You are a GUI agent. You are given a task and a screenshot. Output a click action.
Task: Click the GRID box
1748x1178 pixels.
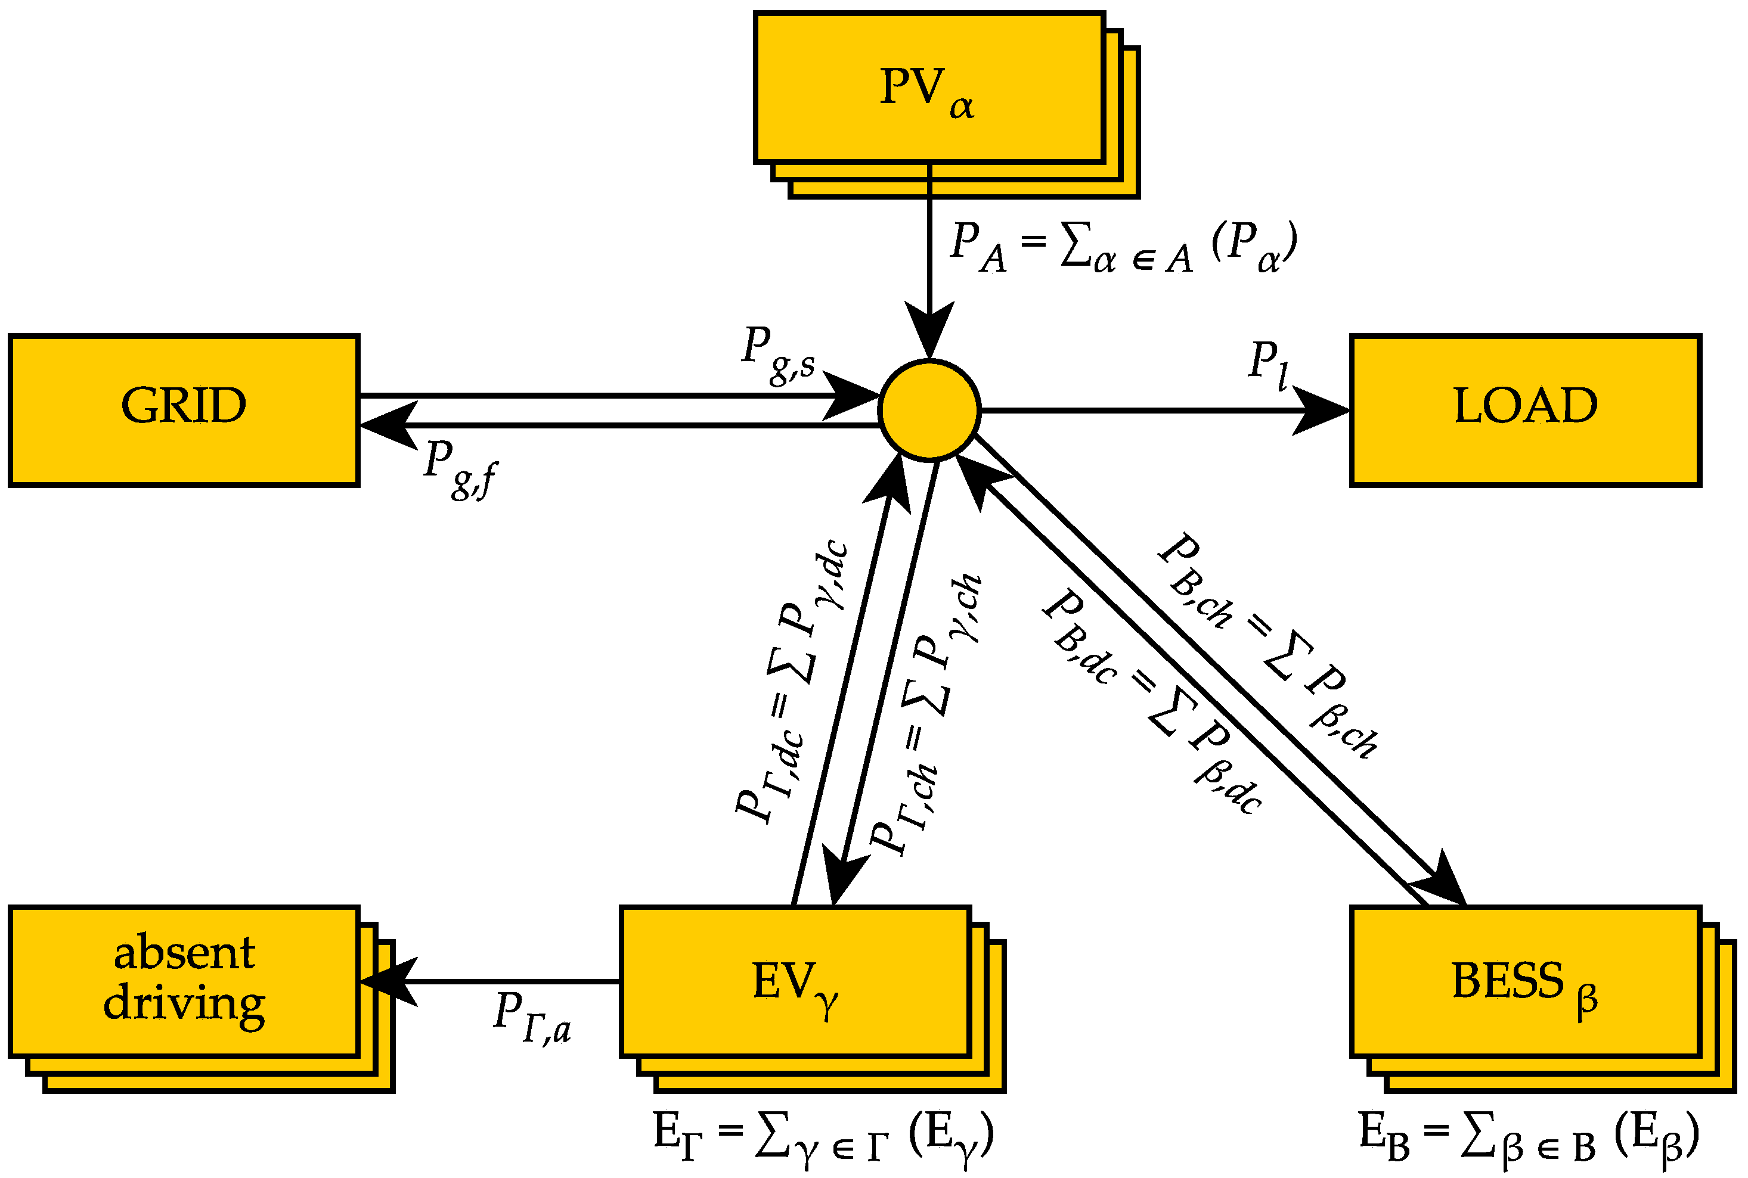(184, 410)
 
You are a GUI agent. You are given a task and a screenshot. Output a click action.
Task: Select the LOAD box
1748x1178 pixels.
(1525, 410)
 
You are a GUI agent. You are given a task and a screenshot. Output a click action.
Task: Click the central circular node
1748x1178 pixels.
(929, 409)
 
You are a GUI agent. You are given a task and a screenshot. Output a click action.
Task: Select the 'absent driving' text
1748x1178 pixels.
(184, 978)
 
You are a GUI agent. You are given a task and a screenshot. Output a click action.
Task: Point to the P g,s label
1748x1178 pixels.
(778, 354)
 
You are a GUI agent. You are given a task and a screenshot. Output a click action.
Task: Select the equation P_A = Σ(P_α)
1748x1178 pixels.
(1123, 247)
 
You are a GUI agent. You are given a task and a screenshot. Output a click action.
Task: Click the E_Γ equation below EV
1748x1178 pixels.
(823, 1139)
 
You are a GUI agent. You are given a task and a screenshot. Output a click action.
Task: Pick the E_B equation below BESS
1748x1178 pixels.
(1529, 1139)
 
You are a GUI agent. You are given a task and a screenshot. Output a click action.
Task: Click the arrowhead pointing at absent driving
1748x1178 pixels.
(387, 981)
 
